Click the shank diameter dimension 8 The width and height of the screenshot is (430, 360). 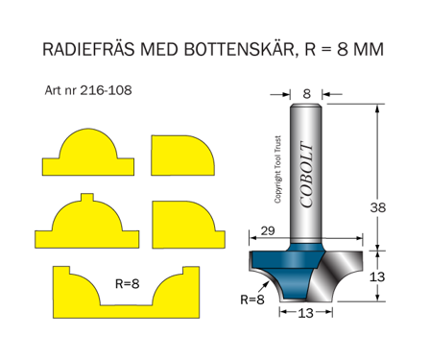click(x=306, y=94)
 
